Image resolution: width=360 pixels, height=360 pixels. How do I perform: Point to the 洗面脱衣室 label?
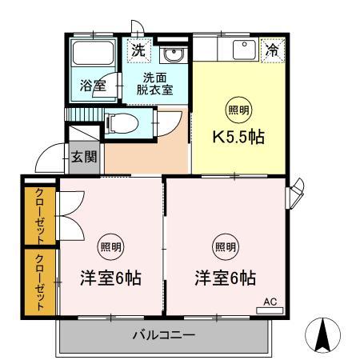pyautogui.click(x=155, y=84)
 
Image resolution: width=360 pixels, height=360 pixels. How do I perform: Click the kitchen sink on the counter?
pyautogui.click(x=242, y=50)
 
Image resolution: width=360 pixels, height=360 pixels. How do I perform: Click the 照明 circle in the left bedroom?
pyautogui.click(x=110, y=246)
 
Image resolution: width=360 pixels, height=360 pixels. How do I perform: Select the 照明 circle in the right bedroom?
pyautogui.click(x=224, y=246)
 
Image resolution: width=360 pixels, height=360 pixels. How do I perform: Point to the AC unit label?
pyautogui.click(x=270, y=303)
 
